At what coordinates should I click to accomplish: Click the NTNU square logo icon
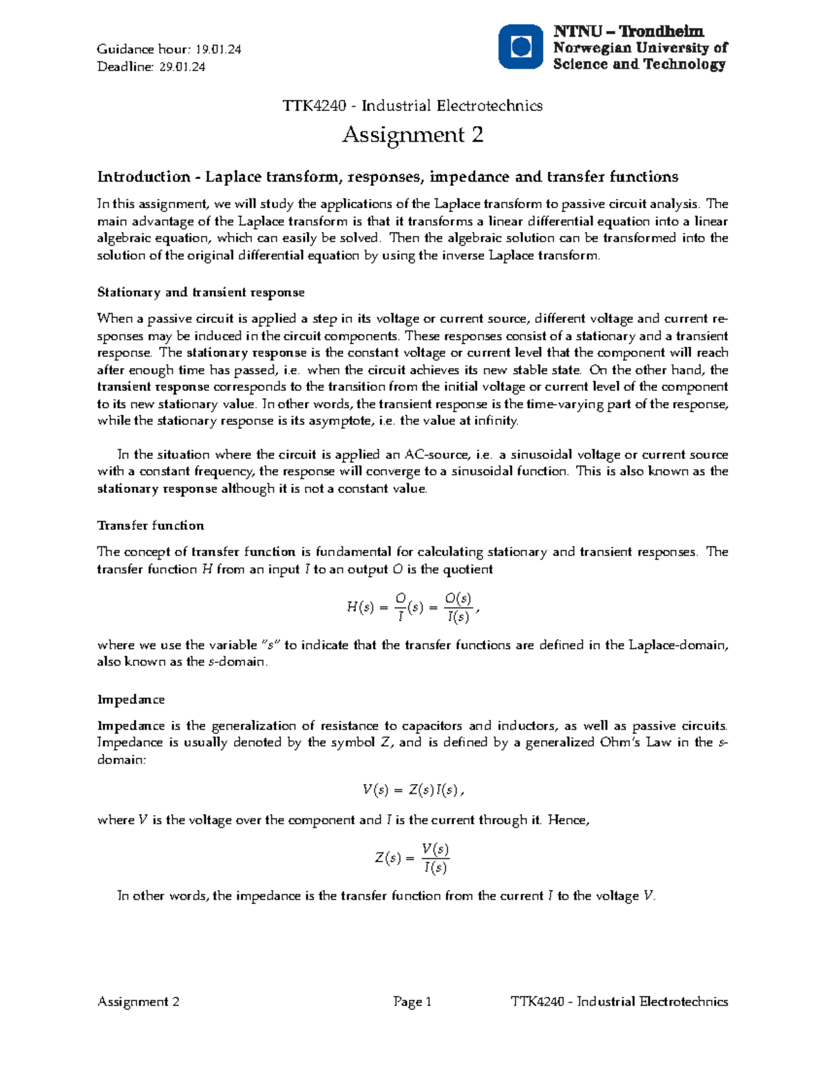[521, 47]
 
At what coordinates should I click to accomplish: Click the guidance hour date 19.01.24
[218, 50]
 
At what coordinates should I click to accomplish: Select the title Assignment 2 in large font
[412, 134]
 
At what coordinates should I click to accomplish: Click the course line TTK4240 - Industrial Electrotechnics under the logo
[412, 105]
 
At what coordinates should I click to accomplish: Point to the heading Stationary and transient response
[200, 293]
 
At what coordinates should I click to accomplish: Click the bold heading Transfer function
[151, 526]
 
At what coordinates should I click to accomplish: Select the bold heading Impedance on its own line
[131, 700]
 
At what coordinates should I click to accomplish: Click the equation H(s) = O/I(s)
[412, 608]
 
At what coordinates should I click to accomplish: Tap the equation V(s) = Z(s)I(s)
[412, 790]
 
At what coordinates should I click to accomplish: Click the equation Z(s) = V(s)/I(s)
[412, 858]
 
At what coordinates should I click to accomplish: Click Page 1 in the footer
[412, 1002]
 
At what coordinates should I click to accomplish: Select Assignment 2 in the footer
[138, 1002]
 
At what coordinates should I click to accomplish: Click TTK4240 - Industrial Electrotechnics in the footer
[619, 1002]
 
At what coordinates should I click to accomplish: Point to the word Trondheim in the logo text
[661, 32]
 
